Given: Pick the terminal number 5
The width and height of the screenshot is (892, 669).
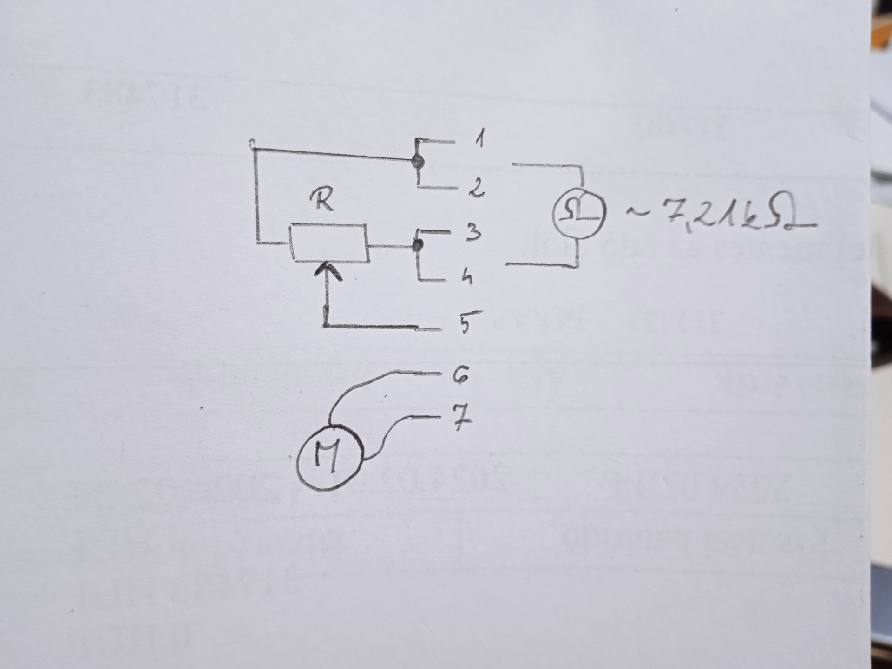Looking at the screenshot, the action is (470, 322).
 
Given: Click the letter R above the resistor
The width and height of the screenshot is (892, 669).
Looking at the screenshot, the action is (322, 201).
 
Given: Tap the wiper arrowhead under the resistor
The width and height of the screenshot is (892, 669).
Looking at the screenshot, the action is (328, 270).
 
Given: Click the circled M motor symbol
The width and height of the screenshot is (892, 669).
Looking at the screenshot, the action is (329, 457).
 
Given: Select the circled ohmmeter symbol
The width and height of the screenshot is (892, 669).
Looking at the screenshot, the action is (579, 213).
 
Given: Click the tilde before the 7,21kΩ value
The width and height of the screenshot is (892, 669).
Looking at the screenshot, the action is (637, 213).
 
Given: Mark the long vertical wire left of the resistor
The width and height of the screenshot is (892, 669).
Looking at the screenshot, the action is (256, 195).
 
